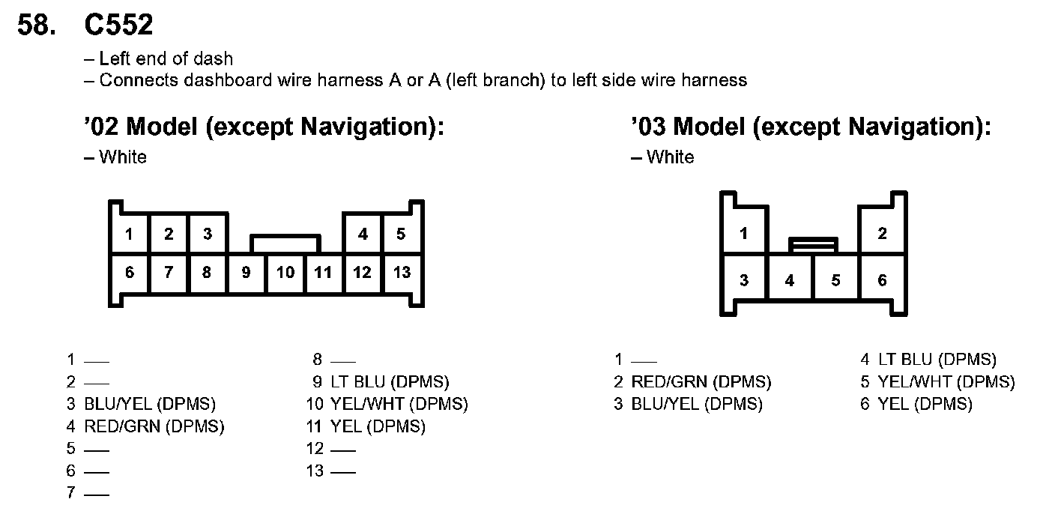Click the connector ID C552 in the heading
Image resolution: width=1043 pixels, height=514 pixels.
click(x=119, y=25)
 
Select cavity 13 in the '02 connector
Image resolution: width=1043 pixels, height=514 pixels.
click(x=402, y=272)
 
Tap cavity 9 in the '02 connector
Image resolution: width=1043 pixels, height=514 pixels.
click(x=247, y=272)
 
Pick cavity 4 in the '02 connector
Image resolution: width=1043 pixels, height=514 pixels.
click(x=363, y=234)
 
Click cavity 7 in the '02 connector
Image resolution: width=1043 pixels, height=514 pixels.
click(x=169, y=272)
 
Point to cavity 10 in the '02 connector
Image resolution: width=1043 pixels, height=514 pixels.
click(x=285, y=272)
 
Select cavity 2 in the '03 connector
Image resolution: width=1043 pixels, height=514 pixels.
click(x=882, y=233)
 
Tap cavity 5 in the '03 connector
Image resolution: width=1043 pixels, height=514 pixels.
click(x=835, y=280)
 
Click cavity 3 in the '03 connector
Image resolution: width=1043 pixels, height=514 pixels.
click(x=743, y=280)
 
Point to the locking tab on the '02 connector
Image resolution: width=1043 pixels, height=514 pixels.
click(x=285, y=244)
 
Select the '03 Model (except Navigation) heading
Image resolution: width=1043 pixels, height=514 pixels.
click(x=811, y=127)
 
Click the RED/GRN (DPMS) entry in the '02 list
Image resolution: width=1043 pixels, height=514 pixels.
click(x=154, y=426)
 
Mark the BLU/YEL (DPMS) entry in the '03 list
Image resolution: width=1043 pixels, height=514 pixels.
click(x=696, y=405)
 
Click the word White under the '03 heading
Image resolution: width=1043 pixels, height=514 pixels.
click(x=670, y=157)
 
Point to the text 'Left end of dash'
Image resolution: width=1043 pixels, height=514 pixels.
click(x=166, y=58)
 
